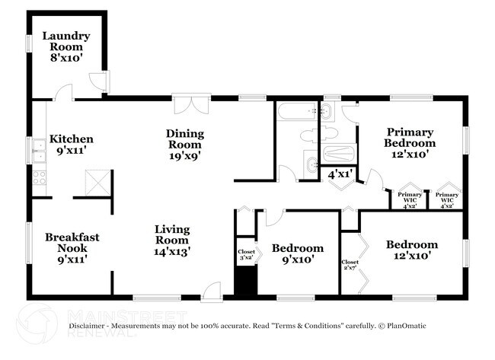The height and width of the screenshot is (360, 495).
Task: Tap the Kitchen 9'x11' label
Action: coord(72,145)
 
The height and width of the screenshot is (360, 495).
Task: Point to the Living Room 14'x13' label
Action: coord(172,239)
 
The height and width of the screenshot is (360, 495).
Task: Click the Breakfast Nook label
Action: coord(72,247)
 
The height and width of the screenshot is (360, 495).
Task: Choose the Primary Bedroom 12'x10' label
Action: coord(409,142)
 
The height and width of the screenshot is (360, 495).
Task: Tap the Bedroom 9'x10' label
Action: coord(298,253)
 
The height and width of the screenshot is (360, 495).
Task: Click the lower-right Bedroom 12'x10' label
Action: coord(411,250)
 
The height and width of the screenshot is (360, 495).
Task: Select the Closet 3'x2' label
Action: coord(246,254)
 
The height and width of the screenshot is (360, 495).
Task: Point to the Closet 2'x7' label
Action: coord(351,266)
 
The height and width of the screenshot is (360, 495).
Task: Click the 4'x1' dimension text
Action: coord(339,174)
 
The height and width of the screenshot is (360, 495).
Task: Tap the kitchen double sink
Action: coord(39,151)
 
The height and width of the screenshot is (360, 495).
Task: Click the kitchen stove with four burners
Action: coord(39,180)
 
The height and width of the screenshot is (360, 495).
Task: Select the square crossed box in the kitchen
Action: coord(96,183)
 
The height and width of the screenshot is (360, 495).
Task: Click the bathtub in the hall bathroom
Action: coord(298,113)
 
